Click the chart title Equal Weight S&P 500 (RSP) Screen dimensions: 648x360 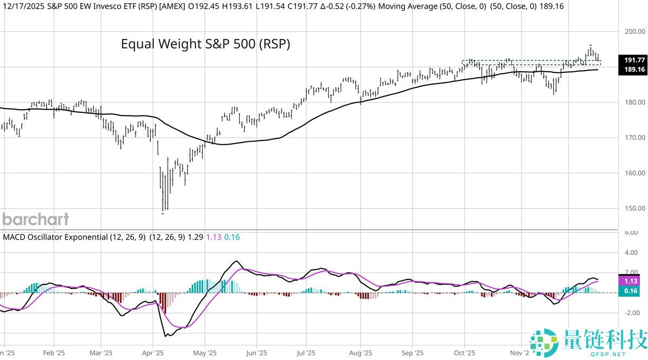(x=205, y=44)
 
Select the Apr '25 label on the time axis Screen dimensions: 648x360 (x=153, y=353)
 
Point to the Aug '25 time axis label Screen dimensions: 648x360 (x=361, y=353)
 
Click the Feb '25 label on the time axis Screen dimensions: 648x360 (x=54, y=353)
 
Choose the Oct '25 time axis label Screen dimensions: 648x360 (x=464, y=353)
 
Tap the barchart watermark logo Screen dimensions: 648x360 (x=36, y=219)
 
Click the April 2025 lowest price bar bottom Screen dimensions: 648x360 (x=163, y=213)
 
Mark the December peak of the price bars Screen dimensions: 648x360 (x=590, y=45)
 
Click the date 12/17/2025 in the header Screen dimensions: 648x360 (x=24, y=6)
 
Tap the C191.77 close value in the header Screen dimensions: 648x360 (x=302, y=6)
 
